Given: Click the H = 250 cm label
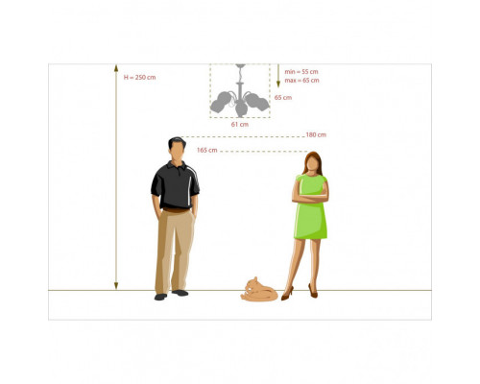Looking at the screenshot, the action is click(140, 78).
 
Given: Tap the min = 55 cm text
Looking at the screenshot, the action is click(301, 72).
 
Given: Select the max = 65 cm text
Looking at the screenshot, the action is click(301, 81).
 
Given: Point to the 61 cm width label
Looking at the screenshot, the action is click(240, 125).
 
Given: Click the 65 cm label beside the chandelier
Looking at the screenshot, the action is click(283, 98).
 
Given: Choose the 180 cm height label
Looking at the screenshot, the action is click(316, 134).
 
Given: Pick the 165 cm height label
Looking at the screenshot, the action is click(207, 150).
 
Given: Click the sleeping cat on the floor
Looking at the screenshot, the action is click(259, 290).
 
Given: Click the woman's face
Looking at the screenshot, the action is click(312, 164).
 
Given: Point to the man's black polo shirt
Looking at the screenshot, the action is click(175, 185).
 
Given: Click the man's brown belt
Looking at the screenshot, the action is click(176, 210).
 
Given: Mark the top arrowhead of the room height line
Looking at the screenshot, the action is click(116, 68).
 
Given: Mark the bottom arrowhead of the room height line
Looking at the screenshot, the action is click(116, 286).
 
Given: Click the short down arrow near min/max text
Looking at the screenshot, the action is click(278, 76).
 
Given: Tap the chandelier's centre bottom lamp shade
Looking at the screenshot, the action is click(241, 109).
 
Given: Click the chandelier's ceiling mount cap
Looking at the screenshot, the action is click(240, 66).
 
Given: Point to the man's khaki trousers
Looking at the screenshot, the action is click(175, 252).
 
